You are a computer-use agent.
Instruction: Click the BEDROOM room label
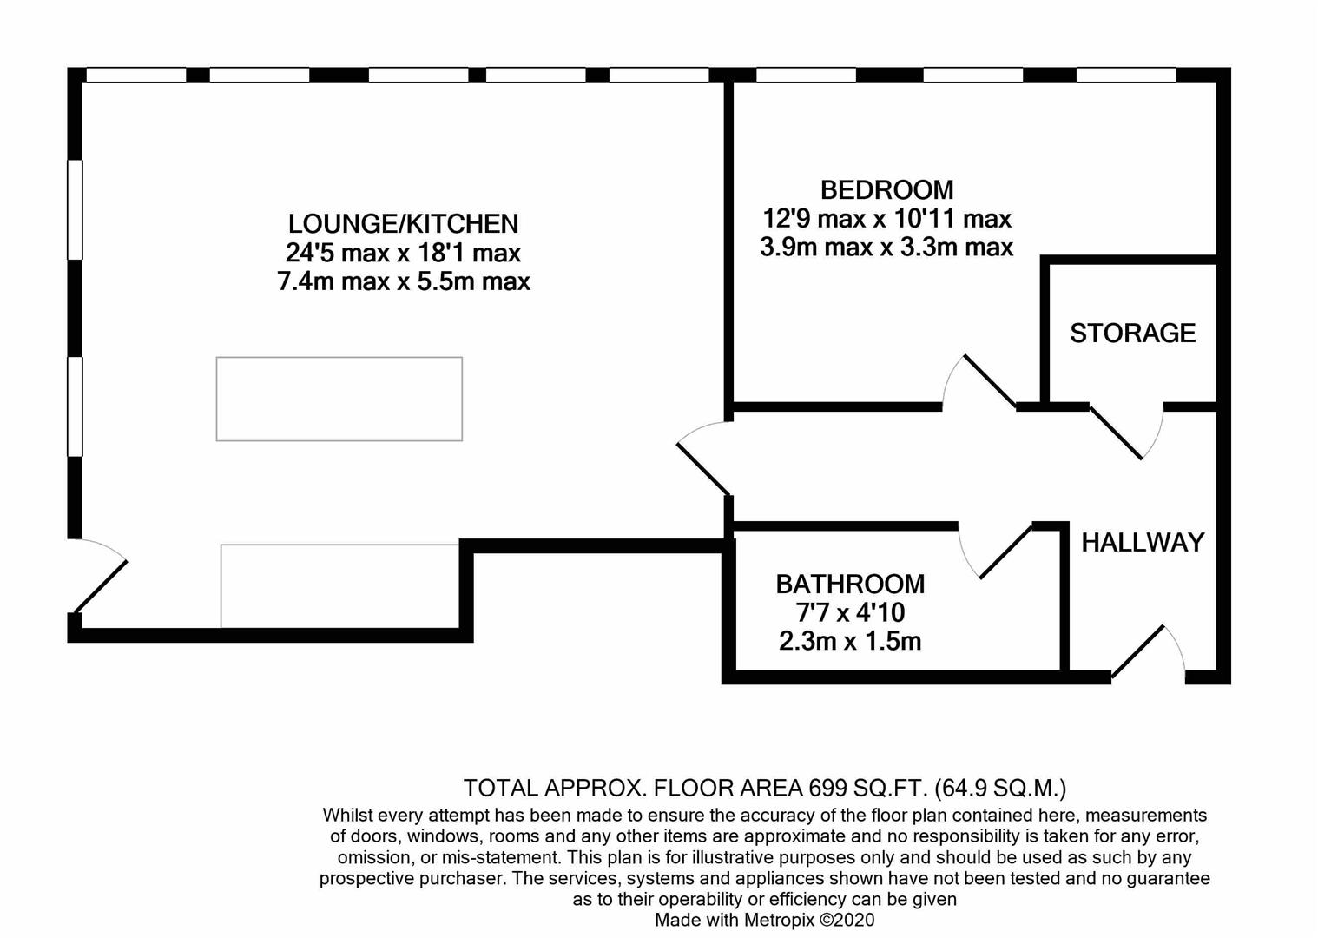click(886, 189)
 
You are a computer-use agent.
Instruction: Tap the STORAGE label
click(1132, 333)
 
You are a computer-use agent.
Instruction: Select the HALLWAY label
click(1143, 542)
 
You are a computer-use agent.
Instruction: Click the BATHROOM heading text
click(850, 584)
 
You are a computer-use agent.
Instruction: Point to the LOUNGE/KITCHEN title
click(403, 224)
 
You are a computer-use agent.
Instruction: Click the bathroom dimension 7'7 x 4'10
click(850, 612)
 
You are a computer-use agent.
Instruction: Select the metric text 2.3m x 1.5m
click(850, 642)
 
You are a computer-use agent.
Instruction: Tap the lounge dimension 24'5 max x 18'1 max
click(403, 253)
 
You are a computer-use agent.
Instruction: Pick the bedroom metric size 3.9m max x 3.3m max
click(886, 248)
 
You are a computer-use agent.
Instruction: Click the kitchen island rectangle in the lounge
click(339, 399)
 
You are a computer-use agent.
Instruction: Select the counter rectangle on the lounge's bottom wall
click(339, 585)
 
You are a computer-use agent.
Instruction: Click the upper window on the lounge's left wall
click(76, 209)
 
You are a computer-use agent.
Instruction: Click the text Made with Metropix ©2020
click(764, 920)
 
